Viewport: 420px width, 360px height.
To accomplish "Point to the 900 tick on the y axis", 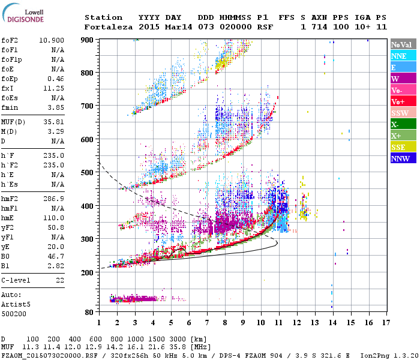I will pyautogui.click(x=88, y=40).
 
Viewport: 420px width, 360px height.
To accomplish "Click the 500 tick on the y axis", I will pyautogui.click(x=88, y=173).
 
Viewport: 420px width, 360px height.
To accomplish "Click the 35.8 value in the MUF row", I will pyautogui.click(x=182, y=347).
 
